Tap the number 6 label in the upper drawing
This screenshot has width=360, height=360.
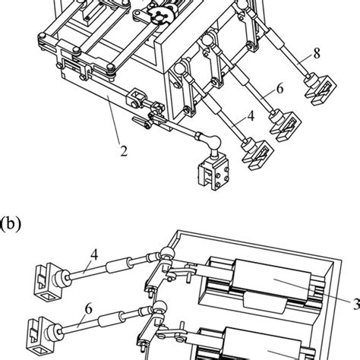279,88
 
